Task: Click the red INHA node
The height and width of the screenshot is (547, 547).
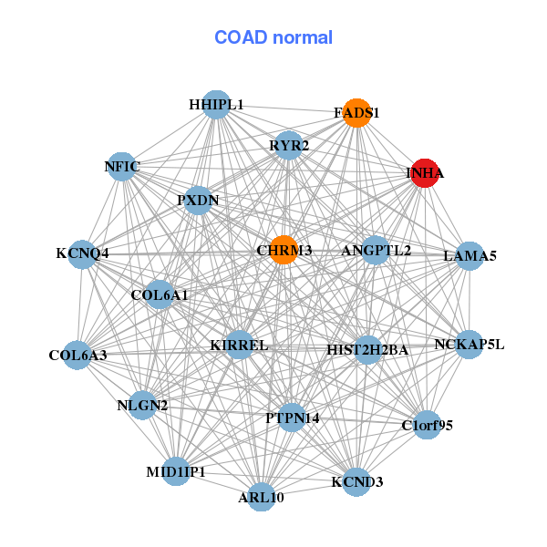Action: tap(425, 172)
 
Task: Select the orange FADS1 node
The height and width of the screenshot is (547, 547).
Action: tap(356, 113)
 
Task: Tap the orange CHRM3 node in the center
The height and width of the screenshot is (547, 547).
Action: tap(284, 250)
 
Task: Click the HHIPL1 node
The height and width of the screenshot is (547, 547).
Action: tap(216, 105)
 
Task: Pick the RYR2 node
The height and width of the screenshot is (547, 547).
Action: tap(288, 145)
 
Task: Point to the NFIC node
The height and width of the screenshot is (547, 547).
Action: tap(122, 166)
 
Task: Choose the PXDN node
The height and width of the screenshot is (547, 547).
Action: tap(198, 200)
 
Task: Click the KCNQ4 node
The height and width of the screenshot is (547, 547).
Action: tap(82, 253)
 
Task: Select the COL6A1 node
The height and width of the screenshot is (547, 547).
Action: tap(160, 294)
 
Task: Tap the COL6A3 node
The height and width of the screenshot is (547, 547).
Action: tap(77, 355)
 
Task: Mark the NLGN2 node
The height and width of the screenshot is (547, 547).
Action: tap(142, 405)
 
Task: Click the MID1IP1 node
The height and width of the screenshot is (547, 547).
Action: tap(177, 471)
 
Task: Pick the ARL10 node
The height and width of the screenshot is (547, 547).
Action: tap(262, 497)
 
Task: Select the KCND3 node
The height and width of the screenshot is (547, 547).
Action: tap(356, 480)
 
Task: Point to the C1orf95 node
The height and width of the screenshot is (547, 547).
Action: tap(427, 425)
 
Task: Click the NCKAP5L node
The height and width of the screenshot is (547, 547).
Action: tap(469, 345)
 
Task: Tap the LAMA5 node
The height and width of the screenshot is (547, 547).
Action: tap(470, 256)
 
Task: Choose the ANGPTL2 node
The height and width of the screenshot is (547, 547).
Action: tap(376, 250)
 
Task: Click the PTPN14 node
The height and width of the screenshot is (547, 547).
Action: tap(292, 418)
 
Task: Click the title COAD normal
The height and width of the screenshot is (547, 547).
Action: tap(273, 37)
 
